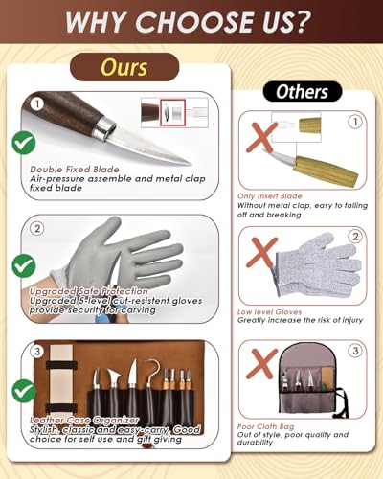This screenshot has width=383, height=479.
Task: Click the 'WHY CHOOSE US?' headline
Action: point(191,22)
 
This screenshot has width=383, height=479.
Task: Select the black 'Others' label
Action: point(302,92)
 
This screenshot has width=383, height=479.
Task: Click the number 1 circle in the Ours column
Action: point(36,103)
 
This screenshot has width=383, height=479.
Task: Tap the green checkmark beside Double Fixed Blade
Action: point(23,143)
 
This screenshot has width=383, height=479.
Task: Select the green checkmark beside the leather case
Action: point(23,392)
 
